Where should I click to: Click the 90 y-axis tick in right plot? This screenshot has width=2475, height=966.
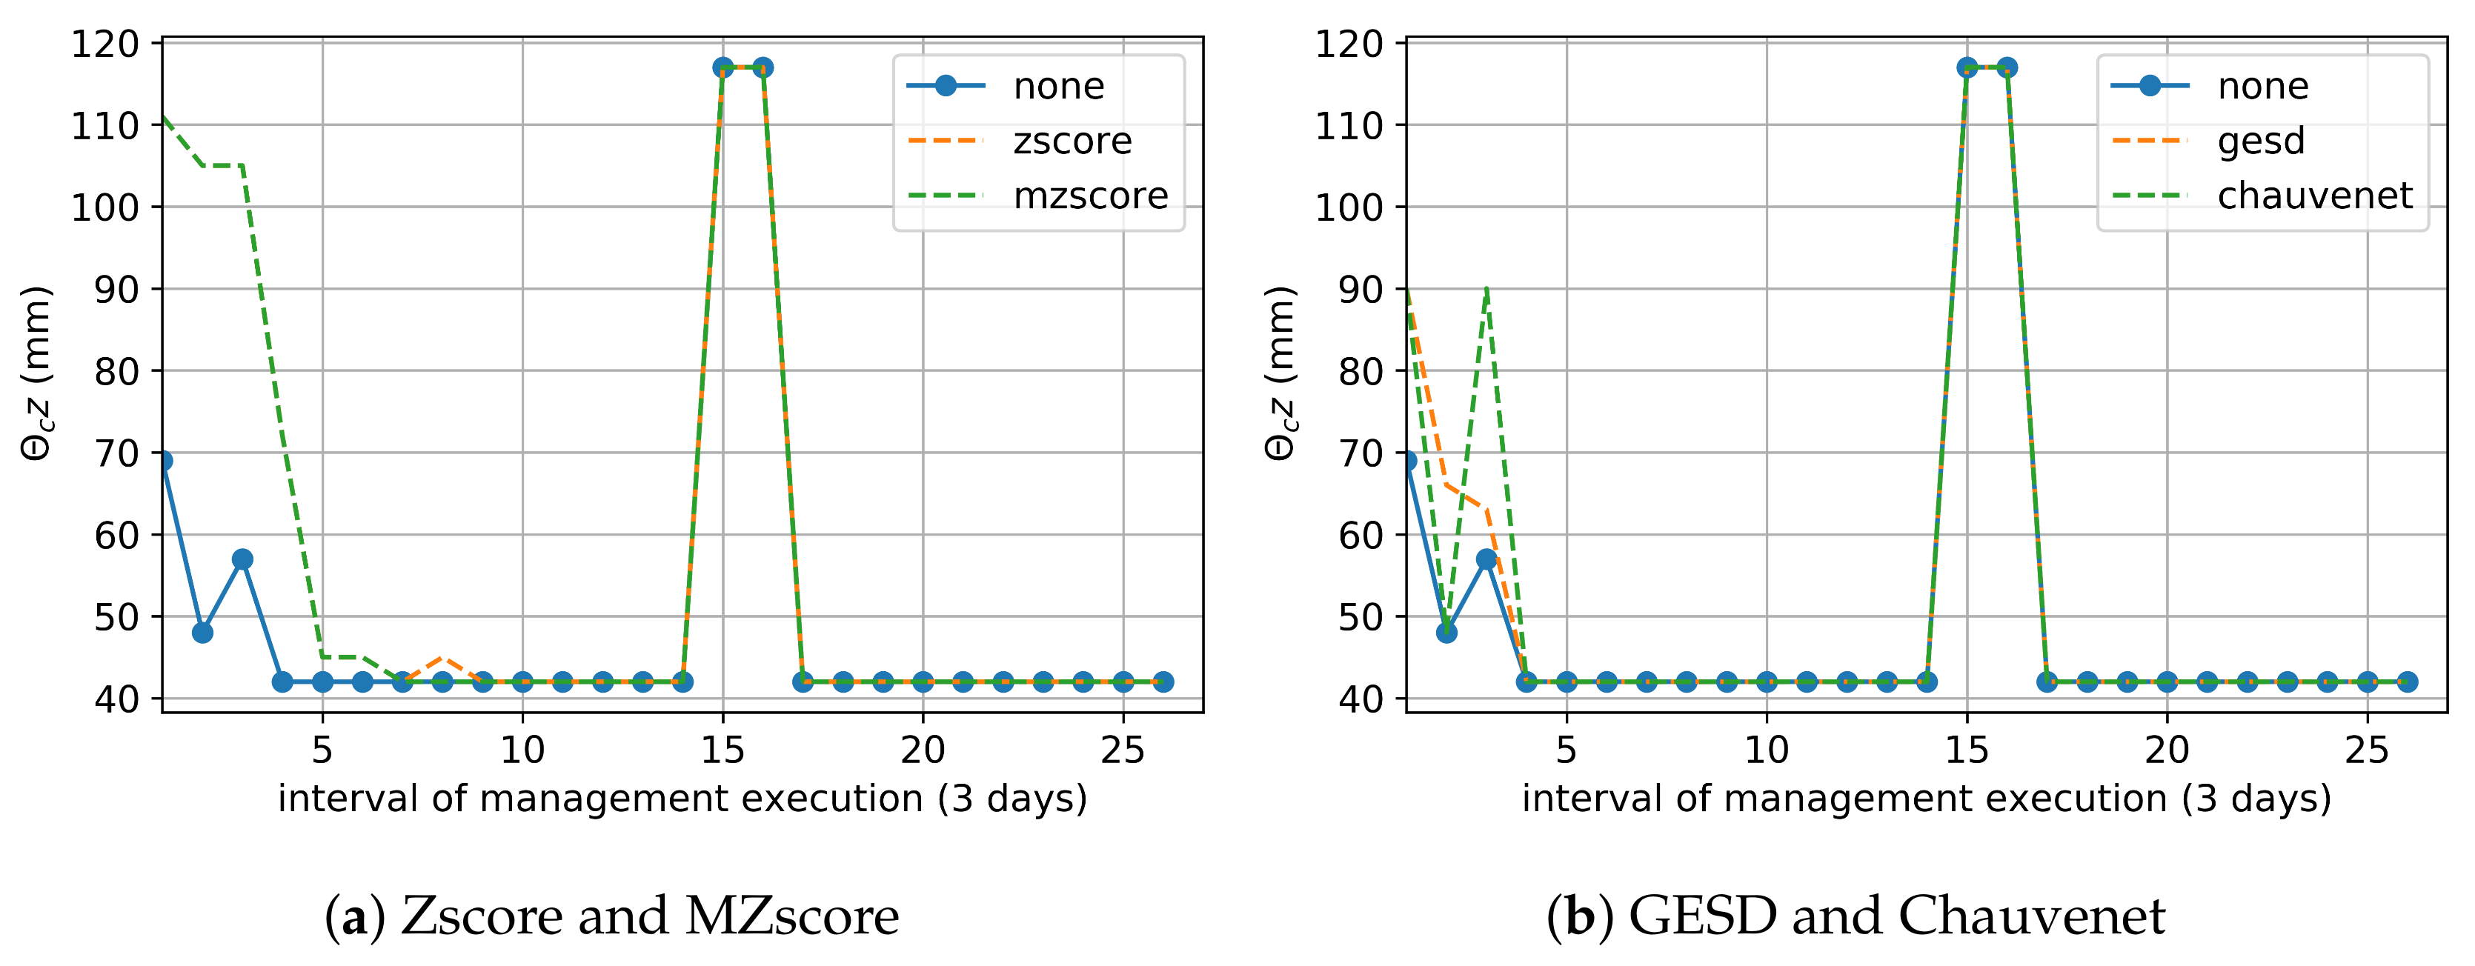(x=1361, y=289)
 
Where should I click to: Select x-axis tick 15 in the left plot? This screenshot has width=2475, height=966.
(x=722, y=750)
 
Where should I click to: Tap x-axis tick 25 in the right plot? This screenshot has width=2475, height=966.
(x=2366, y=750)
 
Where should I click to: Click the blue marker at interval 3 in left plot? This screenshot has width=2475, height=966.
(x=242, y=559)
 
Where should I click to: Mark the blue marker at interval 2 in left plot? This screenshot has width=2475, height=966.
(x=202, y=633)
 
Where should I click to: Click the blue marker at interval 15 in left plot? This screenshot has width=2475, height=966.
(x=722, y=67)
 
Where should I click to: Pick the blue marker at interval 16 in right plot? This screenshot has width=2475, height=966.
(x=2007, y=67)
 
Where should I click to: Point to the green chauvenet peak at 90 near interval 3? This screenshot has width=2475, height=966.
(x=1486, y=289)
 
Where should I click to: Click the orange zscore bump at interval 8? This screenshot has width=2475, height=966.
(x=442, y=658)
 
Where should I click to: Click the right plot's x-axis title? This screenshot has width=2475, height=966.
(x=1927, y=799)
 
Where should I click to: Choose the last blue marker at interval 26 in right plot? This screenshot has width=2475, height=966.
(x=2407, y=682)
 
